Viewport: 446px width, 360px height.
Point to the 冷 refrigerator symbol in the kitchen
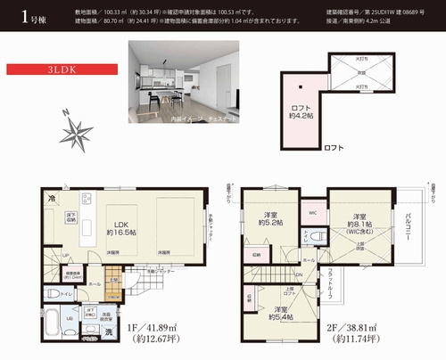53,198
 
